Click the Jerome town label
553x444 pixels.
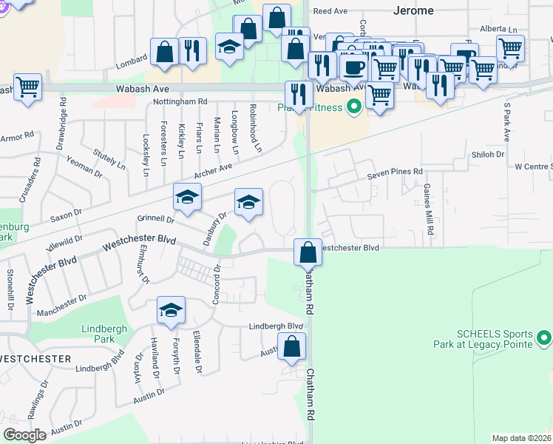click(x=413, y=11)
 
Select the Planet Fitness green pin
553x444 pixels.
click(x=353, y=107)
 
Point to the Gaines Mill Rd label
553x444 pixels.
click(x=427, y=210)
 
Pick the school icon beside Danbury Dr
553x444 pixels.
click(x=249, y=201)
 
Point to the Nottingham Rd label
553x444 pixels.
click(x=180, y=101)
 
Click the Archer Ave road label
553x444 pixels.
click(x=213, y=172)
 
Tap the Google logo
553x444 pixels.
click(x=24, y=435)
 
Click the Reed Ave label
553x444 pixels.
click(x=330, y=12)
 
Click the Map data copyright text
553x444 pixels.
click(x=522, y=438)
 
